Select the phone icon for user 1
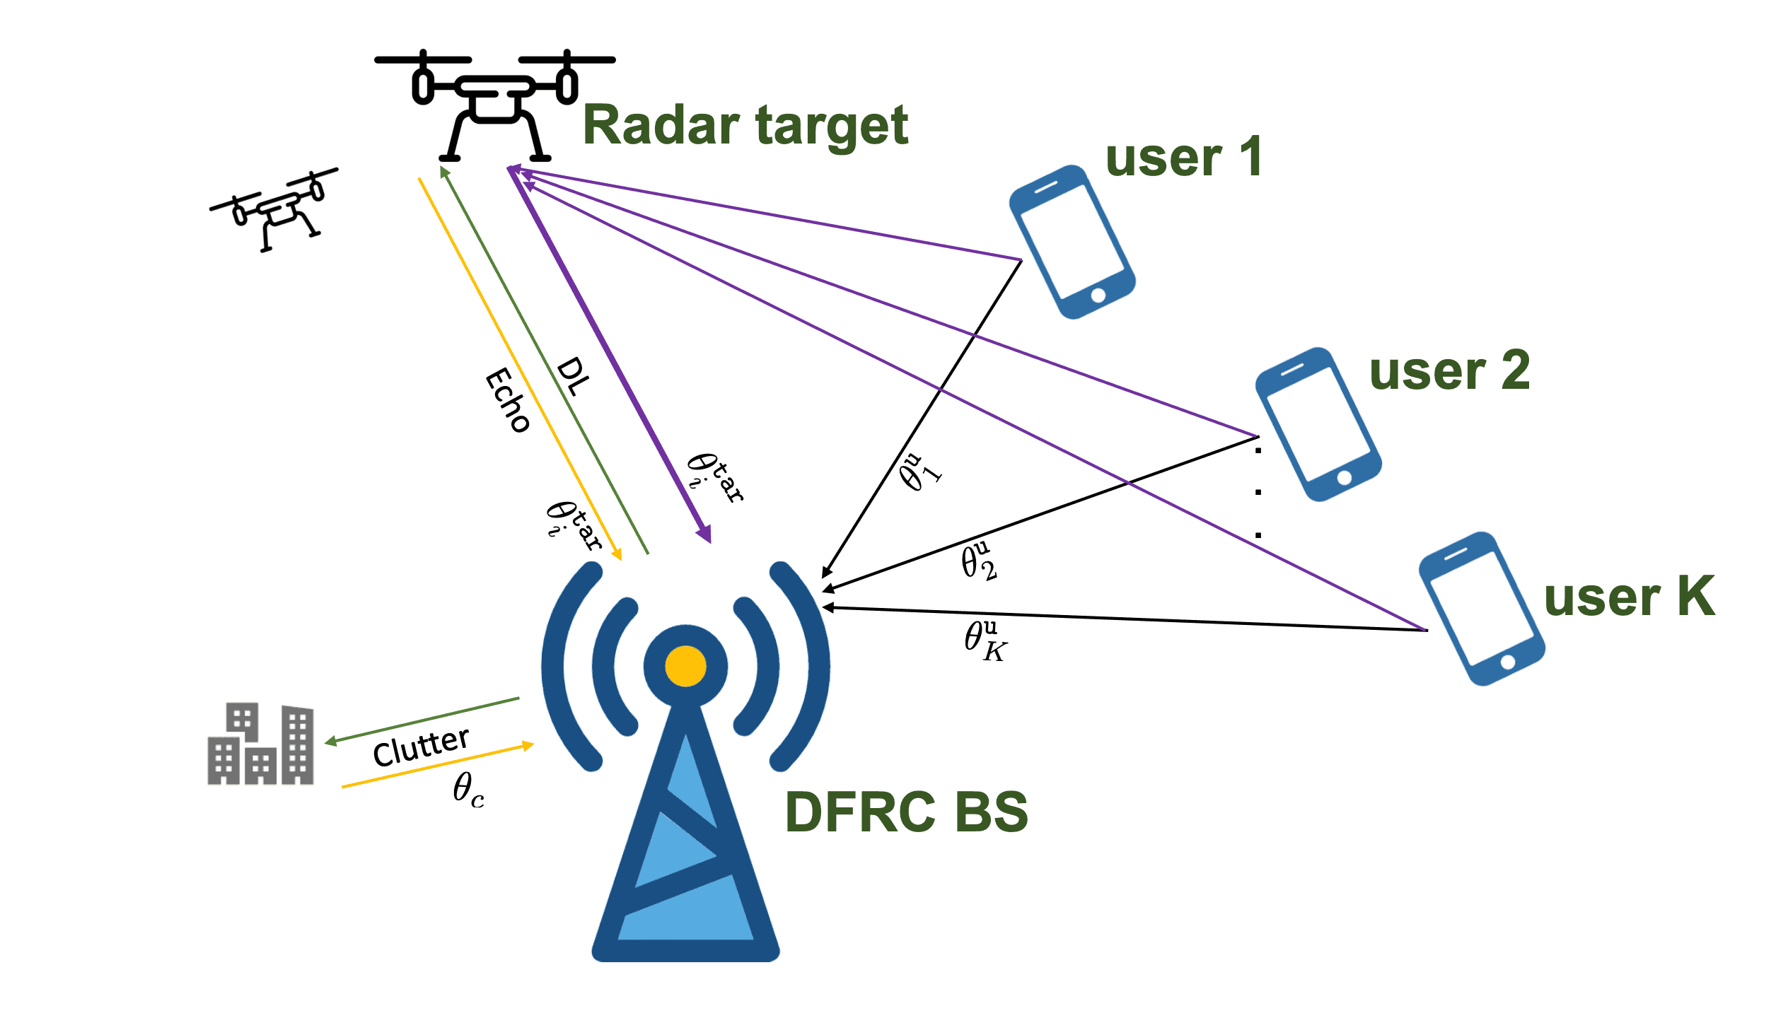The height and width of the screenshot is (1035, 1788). click(1072, 242)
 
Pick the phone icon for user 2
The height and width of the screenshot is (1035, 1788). click(1318, 424)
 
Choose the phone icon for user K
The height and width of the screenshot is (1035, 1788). click(1482, 608)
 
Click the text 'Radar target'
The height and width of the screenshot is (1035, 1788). click(745, 126)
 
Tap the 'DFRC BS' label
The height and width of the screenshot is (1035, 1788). click(906, 812)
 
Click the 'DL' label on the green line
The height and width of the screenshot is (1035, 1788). click(573, 377)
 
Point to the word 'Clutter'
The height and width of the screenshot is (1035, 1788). click(421, 747)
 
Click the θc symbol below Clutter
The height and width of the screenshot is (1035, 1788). click(468, 789)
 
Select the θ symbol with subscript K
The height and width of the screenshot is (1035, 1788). click(985, 641)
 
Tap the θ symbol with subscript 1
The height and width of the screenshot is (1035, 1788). click(919, 472)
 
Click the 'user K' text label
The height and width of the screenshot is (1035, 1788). click(1630, 597)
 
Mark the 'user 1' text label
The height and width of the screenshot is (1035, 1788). click(1183, 158)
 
